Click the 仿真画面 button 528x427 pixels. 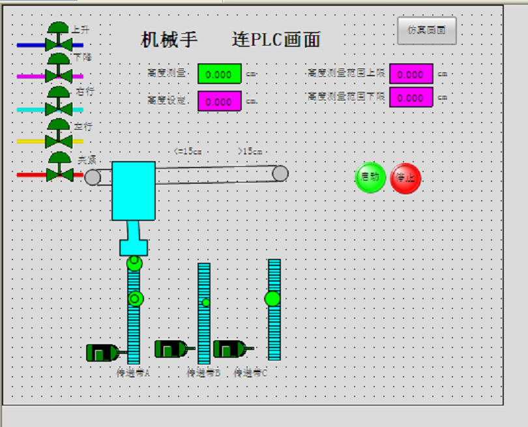point(426,30)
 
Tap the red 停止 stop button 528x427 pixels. point(405,178)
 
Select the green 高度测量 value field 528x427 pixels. point(219,74)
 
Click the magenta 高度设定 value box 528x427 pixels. point(219,101)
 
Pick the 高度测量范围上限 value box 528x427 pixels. point(411,74)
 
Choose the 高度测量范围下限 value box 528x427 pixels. point(411,97)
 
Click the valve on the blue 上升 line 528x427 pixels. point(59,44)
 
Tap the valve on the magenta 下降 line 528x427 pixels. point(59,75)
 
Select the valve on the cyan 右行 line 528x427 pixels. point(59,108)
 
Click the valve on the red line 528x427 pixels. point(59,173)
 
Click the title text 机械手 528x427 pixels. point(169,40)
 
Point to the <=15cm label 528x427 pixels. point(188,151)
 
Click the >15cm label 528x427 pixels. point(249,151)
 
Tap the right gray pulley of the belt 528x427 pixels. point(280,173)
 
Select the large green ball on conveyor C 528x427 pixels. point(272,299)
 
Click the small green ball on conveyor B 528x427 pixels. point(206,302)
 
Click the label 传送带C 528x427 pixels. point(251,373)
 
